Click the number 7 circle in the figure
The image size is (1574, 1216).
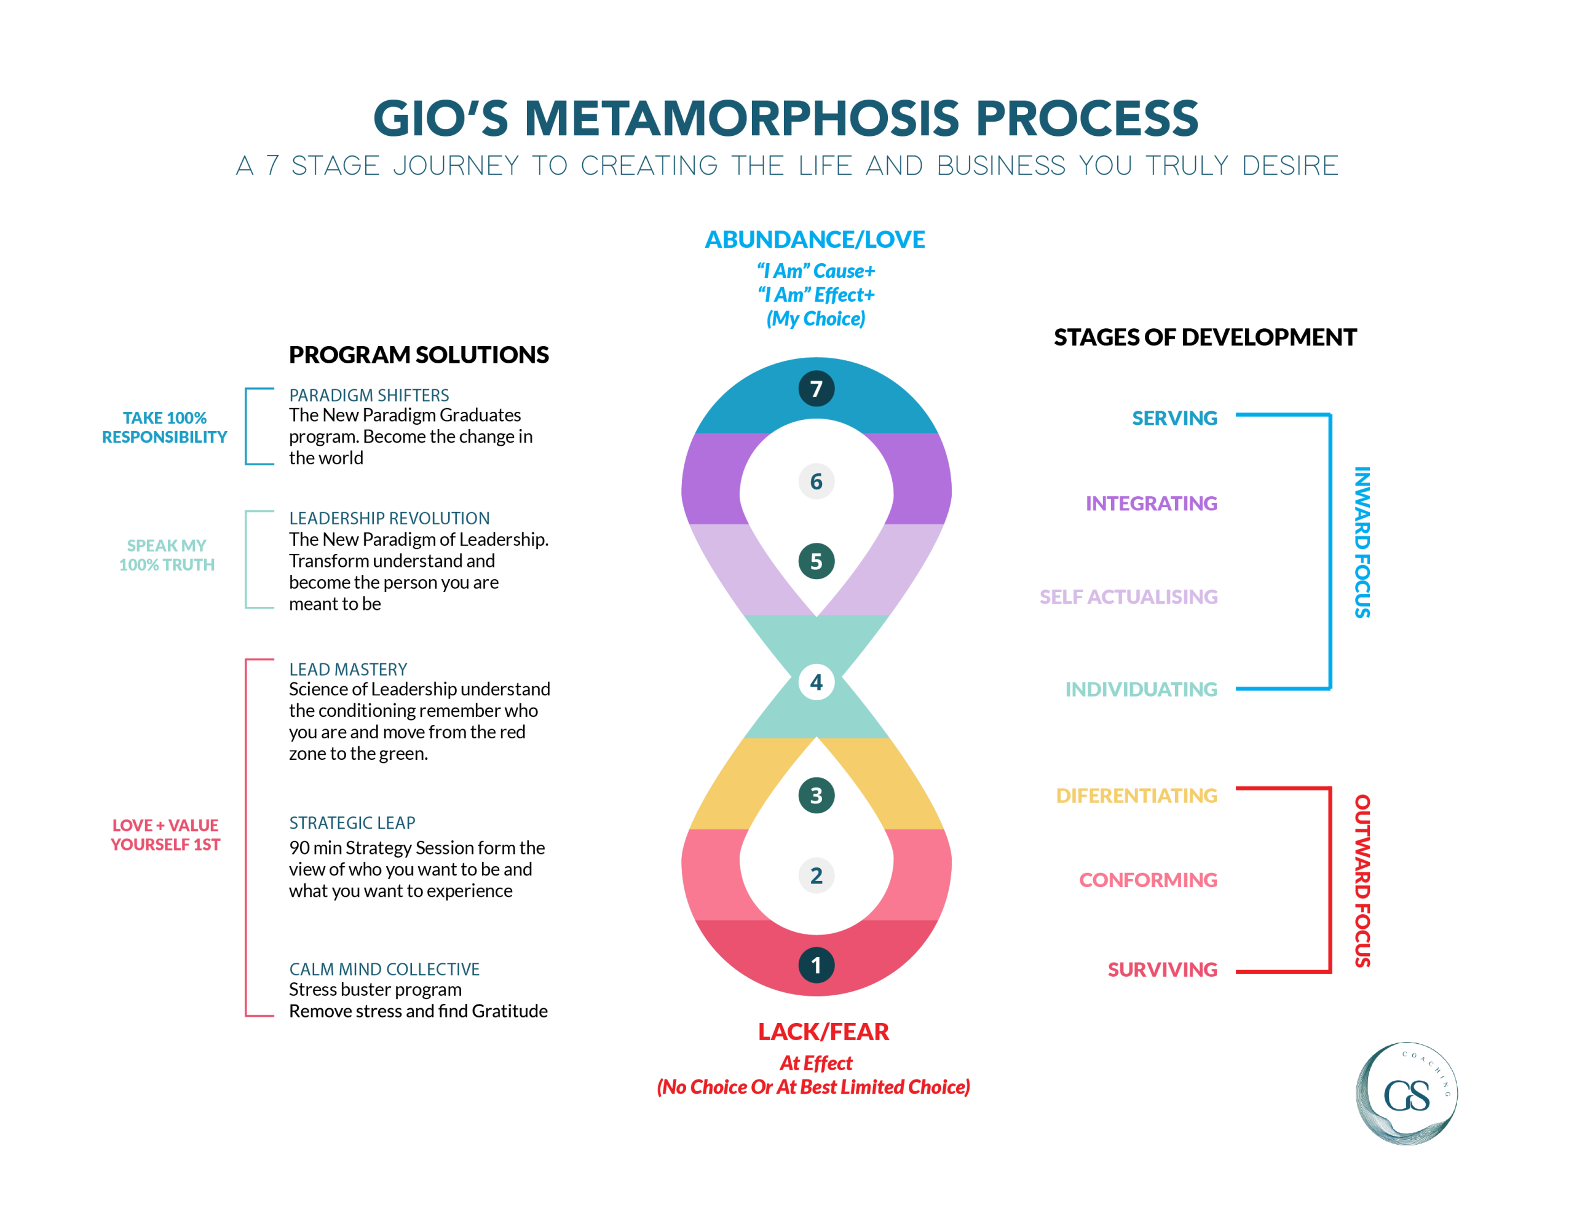[x=816, y=389]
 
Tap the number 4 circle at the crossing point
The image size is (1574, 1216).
[x=816, y=682]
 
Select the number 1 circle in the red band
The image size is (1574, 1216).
[x=816, y=965]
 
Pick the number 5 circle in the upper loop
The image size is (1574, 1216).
[x=816, y=561]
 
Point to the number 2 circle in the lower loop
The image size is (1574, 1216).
[x=816, y=875]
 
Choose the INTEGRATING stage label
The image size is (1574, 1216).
[x=1151, y=503]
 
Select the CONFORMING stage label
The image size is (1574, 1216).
[x=1147, y=880]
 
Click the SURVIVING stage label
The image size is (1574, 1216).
[x=1162, y=969]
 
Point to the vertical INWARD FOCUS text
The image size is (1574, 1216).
[x=1361, y=542]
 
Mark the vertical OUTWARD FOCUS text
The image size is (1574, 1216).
[x=1361, y=880]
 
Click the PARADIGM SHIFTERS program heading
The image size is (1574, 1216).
[x=368, y=395]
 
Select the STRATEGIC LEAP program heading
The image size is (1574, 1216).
[x=352, y=823]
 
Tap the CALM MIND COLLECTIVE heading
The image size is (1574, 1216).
[x=384, y=969]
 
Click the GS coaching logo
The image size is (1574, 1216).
[x=1406, y=1093]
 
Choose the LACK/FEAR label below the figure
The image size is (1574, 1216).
[x=823, y=1032]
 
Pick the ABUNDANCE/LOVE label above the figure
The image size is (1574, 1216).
[x=815, y=239]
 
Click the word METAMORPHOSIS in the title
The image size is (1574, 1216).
[x=742, y=118]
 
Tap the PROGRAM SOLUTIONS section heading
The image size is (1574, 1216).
[x=419, y=355]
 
